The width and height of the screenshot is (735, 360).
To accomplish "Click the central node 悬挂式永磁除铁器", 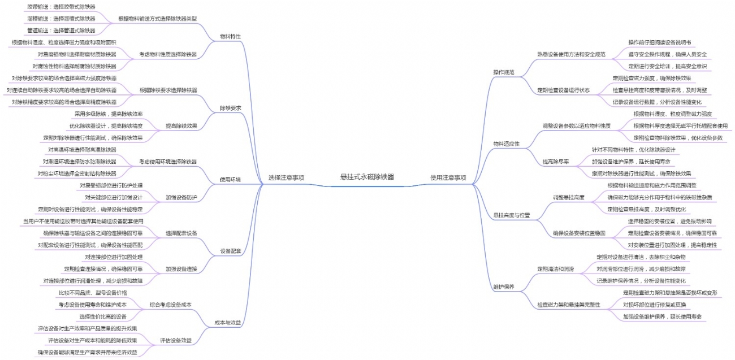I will click(x=367, y=177).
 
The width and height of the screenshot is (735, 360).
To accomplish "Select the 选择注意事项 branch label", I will click(x=287, y=177).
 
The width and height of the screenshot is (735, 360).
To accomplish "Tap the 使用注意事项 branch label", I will click(x=448, y=177).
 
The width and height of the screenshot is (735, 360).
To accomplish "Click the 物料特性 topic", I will click(x=230, y=36).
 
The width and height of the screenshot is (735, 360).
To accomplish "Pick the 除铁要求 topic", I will click(x=230, y=108).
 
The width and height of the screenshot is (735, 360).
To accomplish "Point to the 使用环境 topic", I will click(x=230, y=180).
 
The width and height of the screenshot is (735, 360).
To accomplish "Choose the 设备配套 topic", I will click(x=230, y=251).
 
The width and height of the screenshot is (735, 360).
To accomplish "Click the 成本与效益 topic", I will click(x=228, y=323).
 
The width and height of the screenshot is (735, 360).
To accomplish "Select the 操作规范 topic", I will click(x=504, y=72).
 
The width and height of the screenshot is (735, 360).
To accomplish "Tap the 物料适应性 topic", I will click(x=506, y=144).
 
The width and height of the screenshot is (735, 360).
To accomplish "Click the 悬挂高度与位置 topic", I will click(x=512, y=215).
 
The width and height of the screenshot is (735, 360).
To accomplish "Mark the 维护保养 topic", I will click(x=504, y=287).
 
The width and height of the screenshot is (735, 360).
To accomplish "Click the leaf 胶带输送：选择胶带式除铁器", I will click(x=61, y=7).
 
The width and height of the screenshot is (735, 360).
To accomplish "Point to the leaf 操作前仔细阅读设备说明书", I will click(x=659, y=42).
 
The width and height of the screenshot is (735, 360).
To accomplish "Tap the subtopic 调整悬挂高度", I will click(x=568, y=197).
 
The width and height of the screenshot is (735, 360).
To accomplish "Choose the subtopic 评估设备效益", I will click(x=175, y=340).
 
